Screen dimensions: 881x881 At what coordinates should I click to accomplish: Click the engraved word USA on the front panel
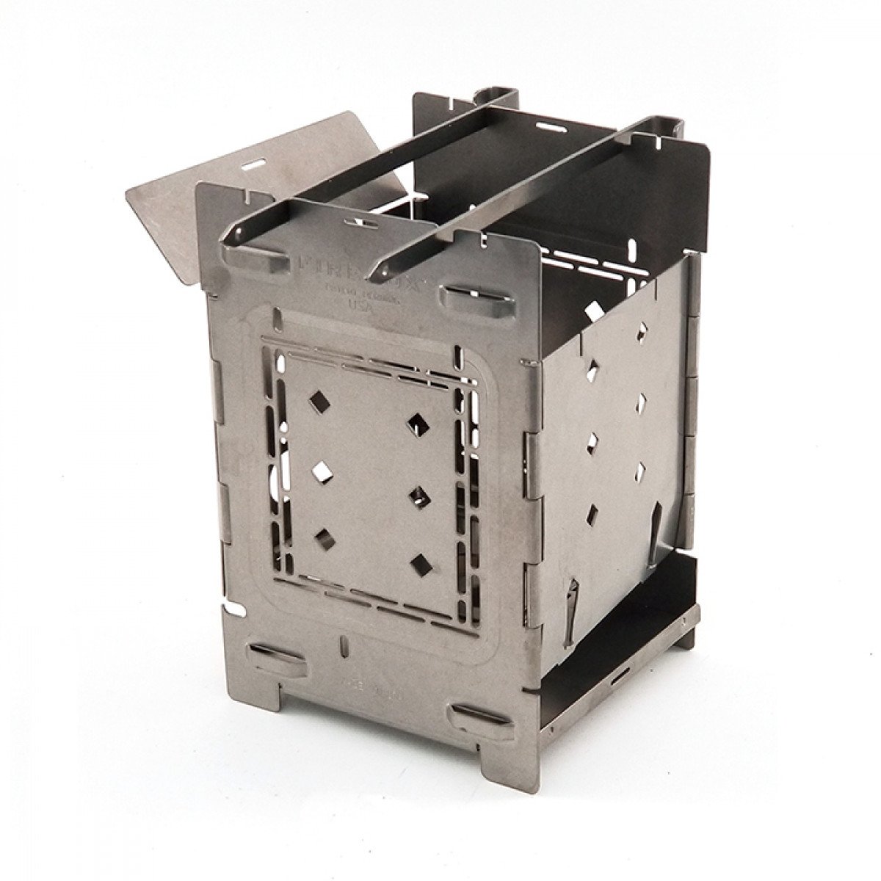click(x=362, y=308)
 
